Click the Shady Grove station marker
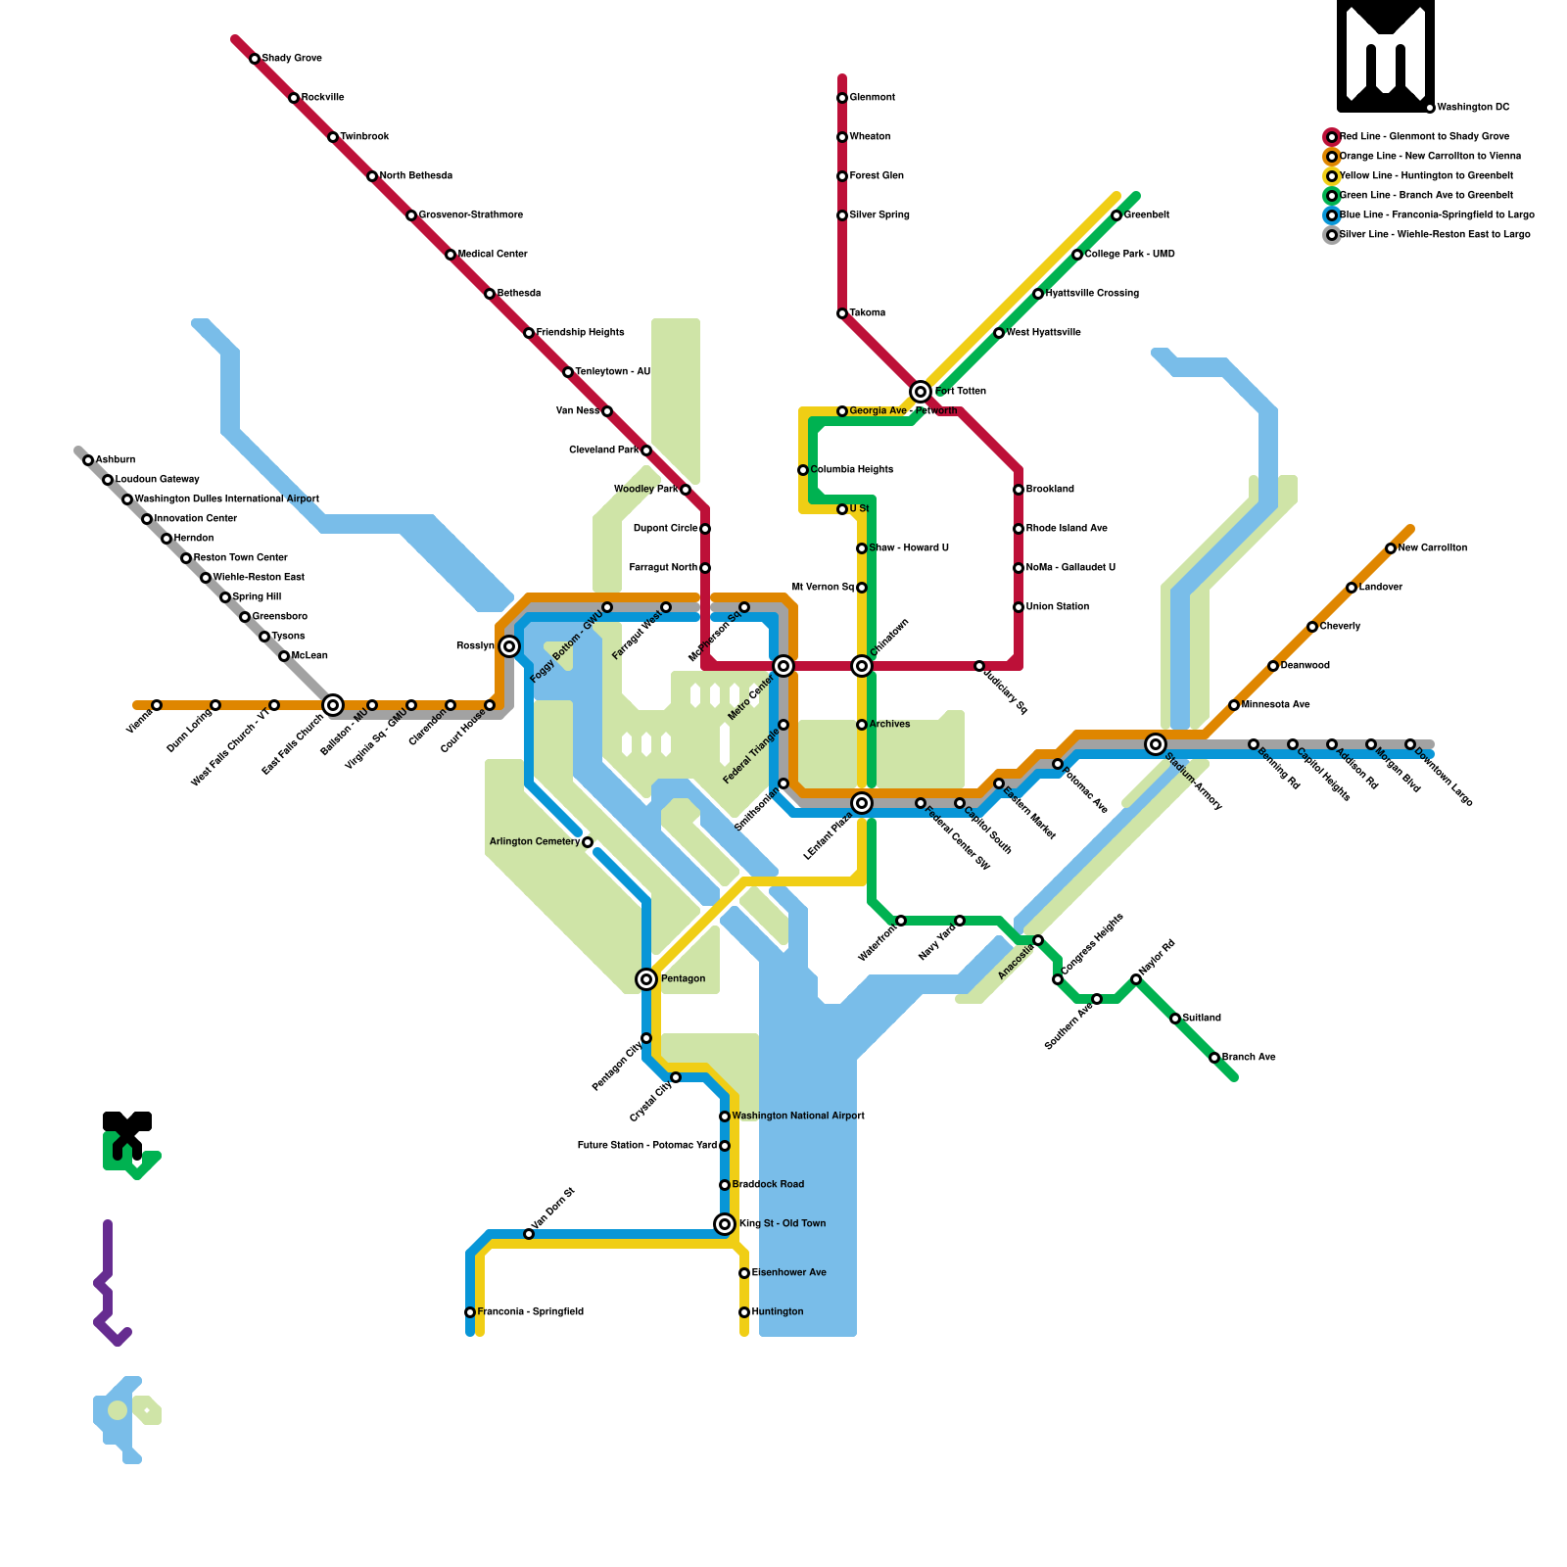click(255, 59)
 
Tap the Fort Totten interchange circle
click(921, 392)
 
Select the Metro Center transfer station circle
click(783, 666)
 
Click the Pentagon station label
click(683, 978)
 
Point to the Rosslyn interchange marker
click(509, 646)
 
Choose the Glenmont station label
click(872, 98)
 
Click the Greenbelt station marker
click(1116, 215)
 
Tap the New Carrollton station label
click(1432, 548)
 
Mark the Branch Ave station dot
click(1214, 1058)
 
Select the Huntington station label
click(778, 1312)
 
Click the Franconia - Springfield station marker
click(470, 1312)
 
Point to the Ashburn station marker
click(88, 460)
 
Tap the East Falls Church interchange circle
click(333, 705)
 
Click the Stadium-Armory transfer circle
click(1156, 744)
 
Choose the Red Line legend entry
click(1424, 137)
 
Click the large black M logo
click(1386, 56)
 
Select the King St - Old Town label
click(783, 1223)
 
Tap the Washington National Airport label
click(798, 1116)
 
